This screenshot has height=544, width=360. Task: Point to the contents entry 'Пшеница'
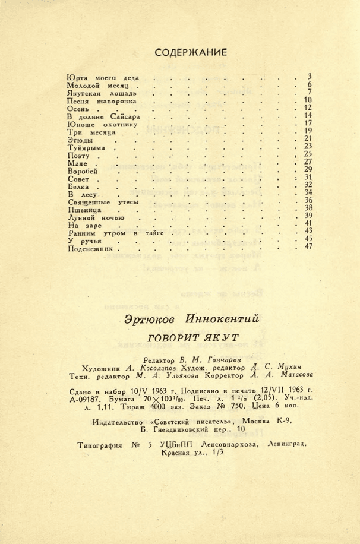pyautogui.click(x=84, y=210)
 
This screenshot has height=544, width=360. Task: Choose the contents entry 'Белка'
pyautogui.click(x=80, y=186)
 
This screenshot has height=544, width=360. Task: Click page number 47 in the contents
pyautogui.click(x=308, y=246)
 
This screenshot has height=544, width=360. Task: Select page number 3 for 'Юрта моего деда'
pyautogui.click(x=310, y=76)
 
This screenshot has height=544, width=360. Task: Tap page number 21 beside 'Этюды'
pyautogui.click(x=308, y=138)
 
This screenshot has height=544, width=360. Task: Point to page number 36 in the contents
pyautogui.click(x=308, y=200)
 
